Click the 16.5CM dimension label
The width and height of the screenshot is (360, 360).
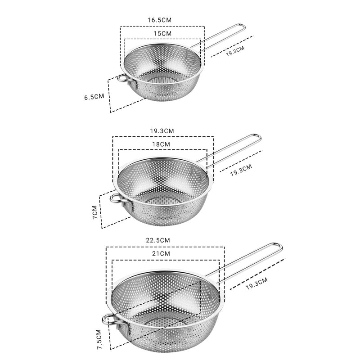point(159,20)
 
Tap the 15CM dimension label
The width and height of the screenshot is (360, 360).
point(162,34)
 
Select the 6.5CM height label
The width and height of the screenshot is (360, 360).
point(94,96)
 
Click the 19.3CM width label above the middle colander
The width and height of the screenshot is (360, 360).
point(162,130)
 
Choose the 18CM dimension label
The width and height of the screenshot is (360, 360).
point(162,144)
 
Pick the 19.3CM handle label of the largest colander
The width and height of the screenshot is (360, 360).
point(256,283)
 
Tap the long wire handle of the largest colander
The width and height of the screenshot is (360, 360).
point(252,259)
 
